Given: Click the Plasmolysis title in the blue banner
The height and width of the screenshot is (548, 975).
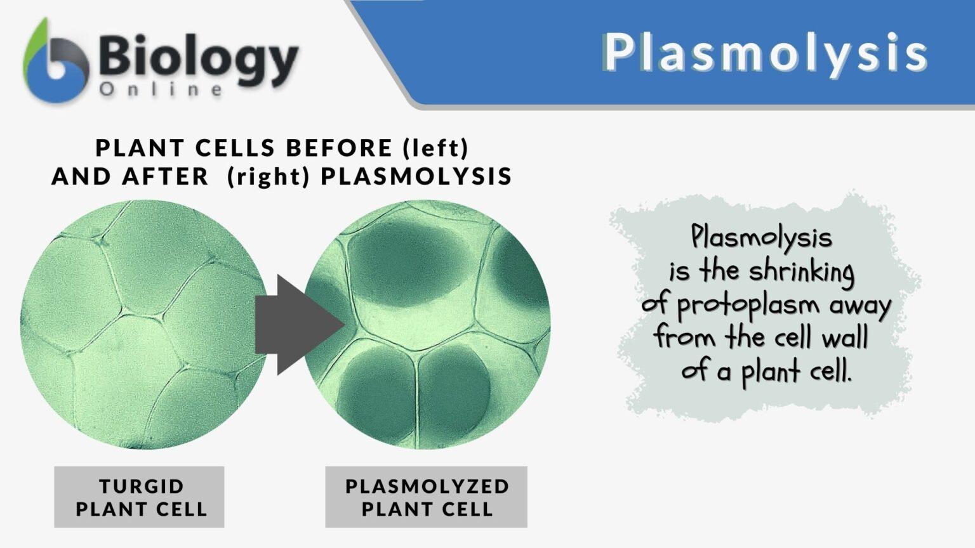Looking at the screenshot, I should pos(764,53).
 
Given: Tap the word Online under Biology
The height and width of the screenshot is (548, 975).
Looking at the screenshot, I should pos(161,89).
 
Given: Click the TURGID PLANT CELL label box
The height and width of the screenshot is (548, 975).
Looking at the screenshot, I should pos(139,497).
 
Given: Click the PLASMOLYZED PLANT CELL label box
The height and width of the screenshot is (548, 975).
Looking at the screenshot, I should pos(426,497).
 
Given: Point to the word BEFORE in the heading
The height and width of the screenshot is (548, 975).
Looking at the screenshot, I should pos(339,148).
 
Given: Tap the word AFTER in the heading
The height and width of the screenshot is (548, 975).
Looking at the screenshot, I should pos(165,176).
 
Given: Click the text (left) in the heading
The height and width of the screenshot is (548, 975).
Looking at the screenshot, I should pos(435,148).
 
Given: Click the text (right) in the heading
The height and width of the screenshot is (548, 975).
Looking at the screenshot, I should pos(269,176).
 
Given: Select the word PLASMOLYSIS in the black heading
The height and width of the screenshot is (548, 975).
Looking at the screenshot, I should pos(416,176).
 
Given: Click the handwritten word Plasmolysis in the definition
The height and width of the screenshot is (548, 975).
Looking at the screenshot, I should pos(760,238).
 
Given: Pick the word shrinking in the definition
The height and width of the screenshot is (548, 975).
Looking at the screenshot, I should pos(801,272).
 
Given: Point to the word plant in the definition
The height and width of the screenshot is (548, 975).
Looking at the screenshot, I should pos(769,371).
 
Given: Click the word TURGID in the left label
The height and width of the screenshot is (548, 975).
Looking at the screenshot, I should pos(141,486).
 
